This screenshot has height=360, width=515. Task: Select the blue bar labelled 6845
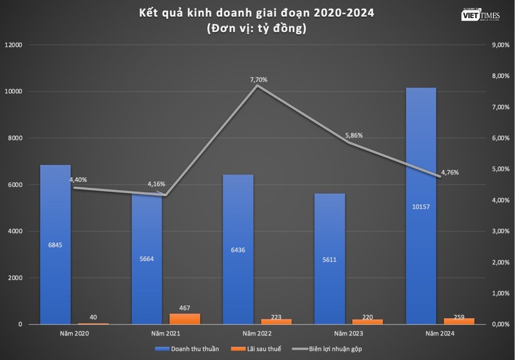pyautogui.click(x=55, y=245)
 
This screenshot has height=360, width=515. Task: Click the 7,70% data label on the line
pyautogui.click(x=258, y=80)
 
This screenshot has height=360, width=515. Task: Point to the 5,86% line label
pyautogui.click(x=353, y=136)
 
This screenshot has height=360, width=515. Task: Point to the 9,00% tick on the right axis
pyautogui.click(x=500, y=45)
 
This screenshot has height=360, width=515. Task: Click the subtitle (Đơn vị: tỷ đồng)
pyautogui.click(x=257, y=28)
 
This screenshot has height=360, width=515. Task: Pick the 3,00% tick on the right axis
pyautogui.click(x=500, y=231)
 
